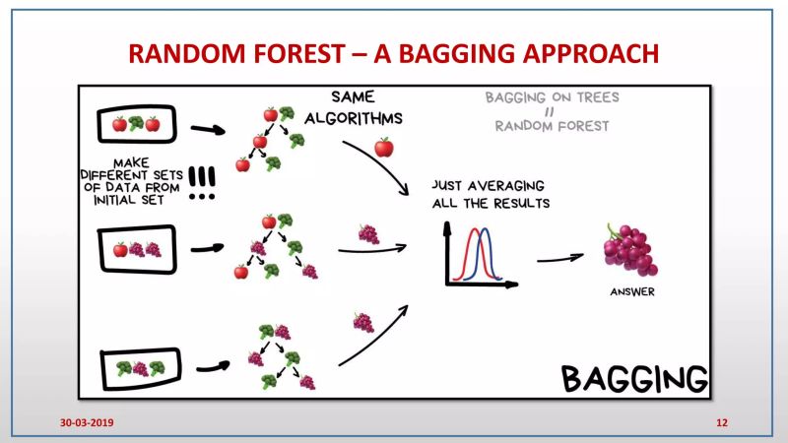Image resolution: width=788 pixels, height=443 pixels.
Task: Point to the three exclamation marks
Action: coord(204,181)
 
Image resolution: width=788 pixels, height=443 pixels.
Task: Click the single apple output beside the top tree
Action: coord(384,149)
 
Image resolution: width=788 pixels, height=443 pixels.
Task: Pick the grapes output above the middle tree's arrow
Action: coord(368,234)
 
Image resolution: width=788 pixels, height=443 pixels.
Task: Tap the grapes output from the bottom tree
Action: coord(363,322)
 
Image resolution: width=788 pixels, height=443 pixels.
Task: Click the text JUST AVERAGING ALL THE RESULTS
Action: coord(490,194)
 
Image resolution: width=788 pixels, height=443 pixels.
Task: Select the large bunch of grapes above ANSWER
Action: coord(629,250)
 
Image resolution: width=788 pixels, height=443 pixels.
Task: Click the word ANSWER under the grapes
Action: coord(629,291)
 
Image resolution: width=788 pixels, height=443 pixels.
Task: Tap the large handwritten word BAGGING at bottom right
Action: coord(634,377)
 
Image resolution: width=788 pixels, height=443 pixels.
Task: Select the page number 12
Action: coord(722,422)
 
